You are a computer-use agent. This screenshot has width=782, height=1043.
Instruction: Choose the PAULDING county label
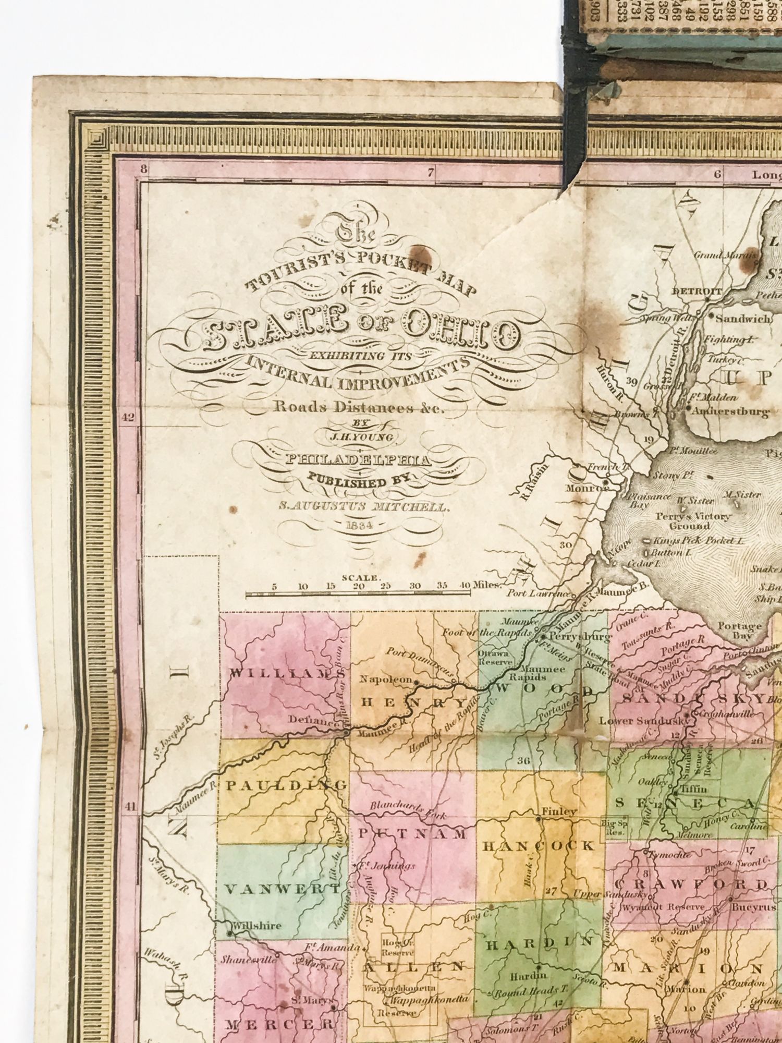click(286, 785)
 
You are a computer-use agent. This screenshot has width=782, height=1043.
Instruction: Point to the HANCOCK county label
click(540, 846)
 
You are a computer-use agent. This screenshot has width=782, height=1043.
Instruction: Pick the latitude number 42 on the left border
click(128, 417)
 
